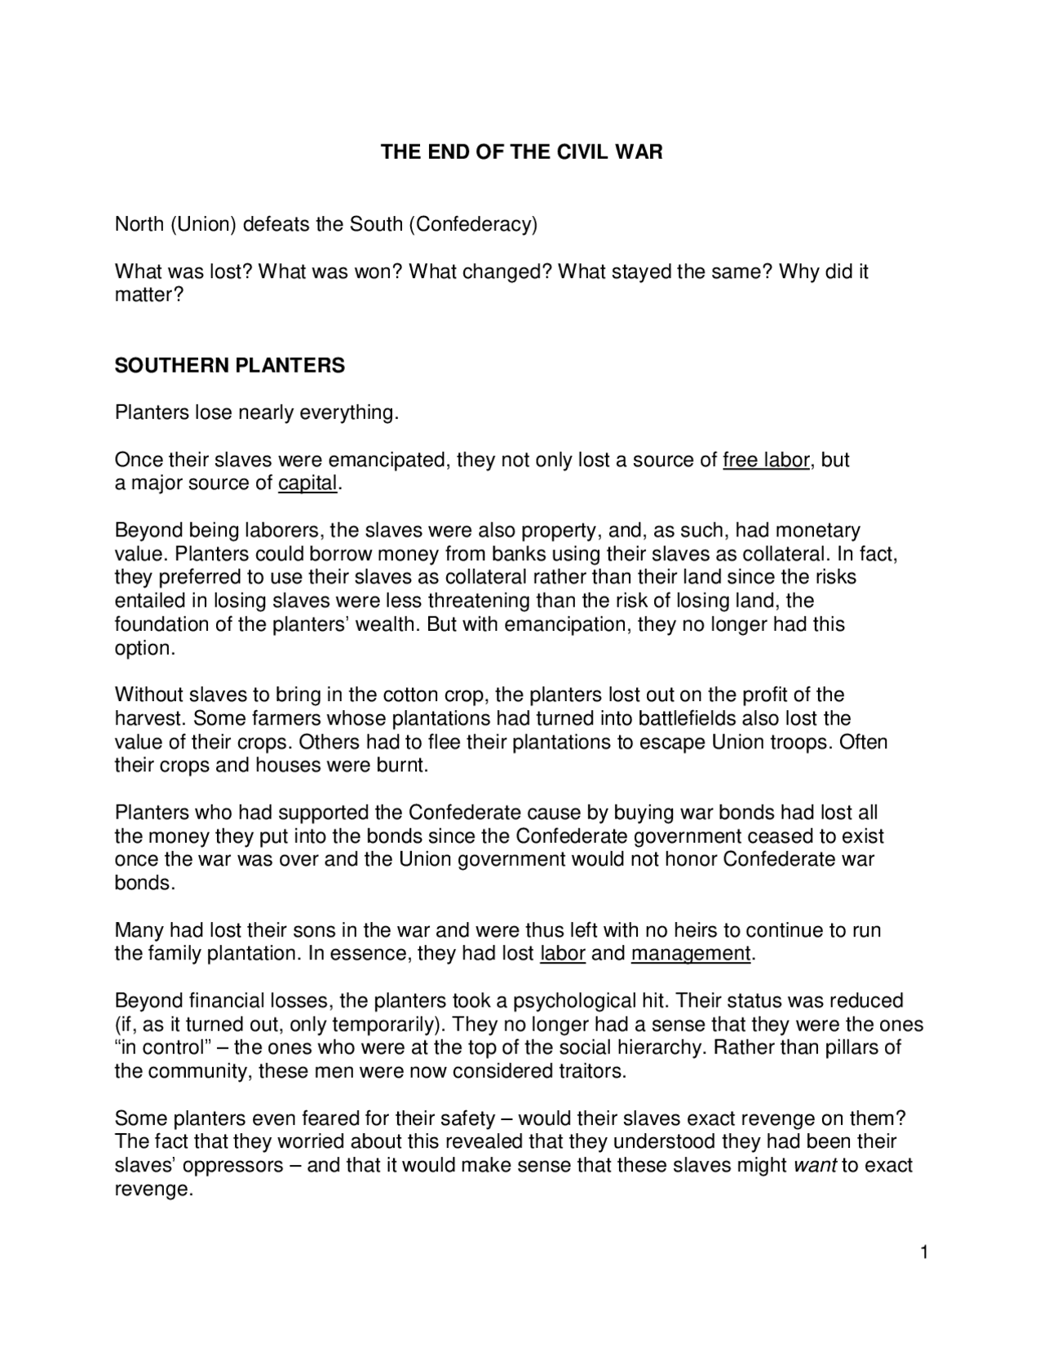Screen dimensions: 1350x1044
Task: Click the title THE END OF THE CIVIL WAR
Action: point(522,152)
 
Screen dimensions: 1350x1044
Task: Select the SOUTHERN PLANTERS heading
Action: point(229,366)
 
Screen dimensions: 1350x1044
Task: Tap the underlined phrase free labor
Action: point(766,461)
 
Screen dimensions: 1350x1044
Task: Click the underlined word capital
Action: point(307,483)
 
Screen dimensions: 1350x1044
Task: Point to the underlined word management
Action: point(690,954)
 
